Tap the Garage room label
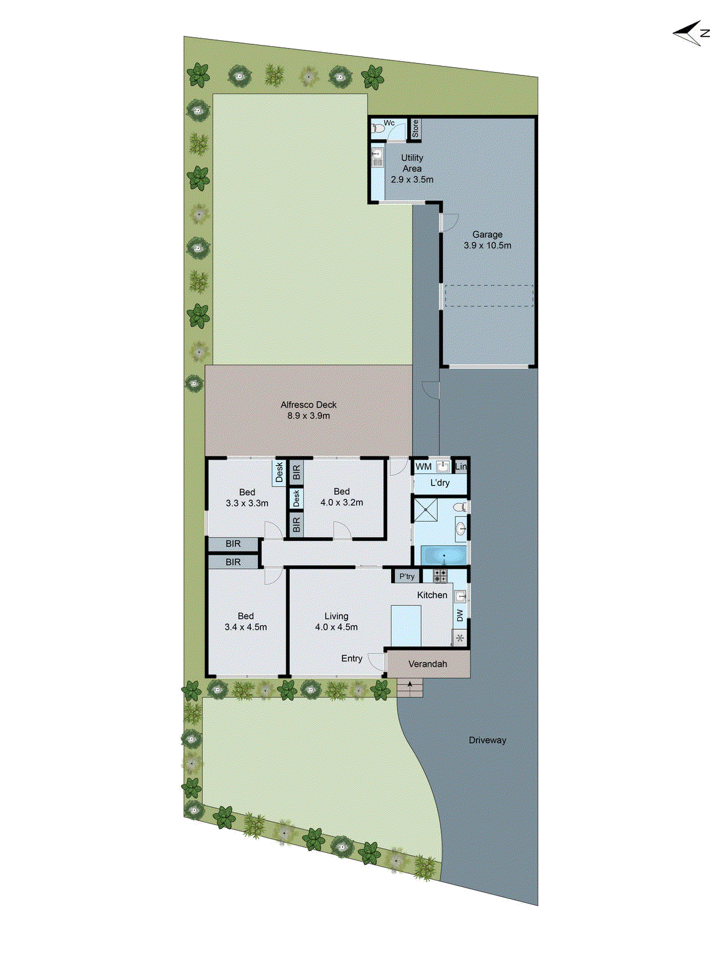[x=487, y=234]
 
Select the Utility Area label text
[x=412, y=163]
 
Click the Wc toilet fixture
[x=378, y=128]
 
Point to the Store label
[x=415, y=129]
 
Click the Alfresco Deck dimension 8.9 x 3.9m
[x=308, y=415]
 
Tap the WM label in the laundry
[x=424, y=466]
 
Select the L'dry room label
[x=440, y=482]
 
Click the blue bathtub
[x=444, y=555]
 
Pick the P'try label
[x=407, y=576]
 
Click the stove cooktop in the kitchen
[x=440, y=576]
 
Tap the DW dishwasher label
[x=460, y=616]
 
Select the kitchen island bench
[x=406, y=625]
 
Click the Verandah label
[x=428, y=664]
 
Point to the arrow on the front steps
[x=410, y=684]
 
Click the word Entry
[x=352, y=658]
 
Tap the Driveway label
[x=487, y=740]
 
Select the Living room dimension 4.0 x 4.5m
[x=337, y=627]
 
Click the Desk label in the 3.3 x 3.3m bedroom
[x=279, y=472]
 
